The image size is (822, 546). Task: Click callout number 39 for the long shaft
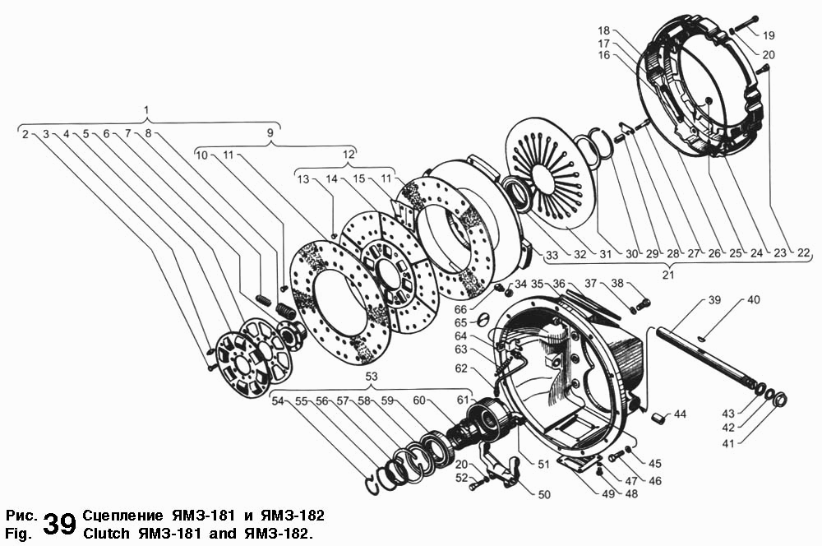[x=714, y=300]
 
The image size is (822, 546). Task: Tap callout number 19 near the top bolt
[x=769, y=35]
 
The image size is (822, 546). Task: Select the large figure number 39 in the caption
[x=60, y=524]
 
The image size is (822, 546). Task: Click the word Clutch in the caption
[x=106, y=534]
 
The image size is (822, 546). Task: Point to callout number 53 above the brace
[x=372, y=377]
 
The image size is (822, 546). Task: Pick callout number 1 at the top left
[x=147, y=110]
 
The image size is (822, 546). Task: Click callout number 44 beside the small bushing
[x=680, y=414]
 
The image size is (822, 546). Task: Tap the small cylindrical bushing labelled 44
[x=659, y=419]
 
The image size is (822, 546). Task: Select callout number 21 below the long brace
[x=667, y=275]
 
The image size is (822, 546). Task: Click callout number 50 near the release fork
[x=544, y=494]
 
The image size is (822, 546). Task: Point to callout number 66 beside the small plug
[x=460, y=310]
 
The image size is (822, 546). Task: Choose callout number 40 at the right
[x=753, y=300]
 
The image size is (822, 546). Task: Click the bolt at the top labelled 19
[x=744, y=23]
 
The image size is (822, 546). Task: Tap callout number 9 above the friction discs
[x=270, y=132]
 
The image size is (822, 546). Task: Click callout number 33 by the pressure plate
[x=552, y=256]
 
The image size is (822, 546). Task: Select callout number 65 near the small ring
[x=460, y=322]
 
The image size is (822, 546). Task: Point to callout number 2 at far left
[x=25, y=134]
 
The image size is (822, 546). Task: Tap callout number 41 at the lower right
[x=728, y=444]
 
